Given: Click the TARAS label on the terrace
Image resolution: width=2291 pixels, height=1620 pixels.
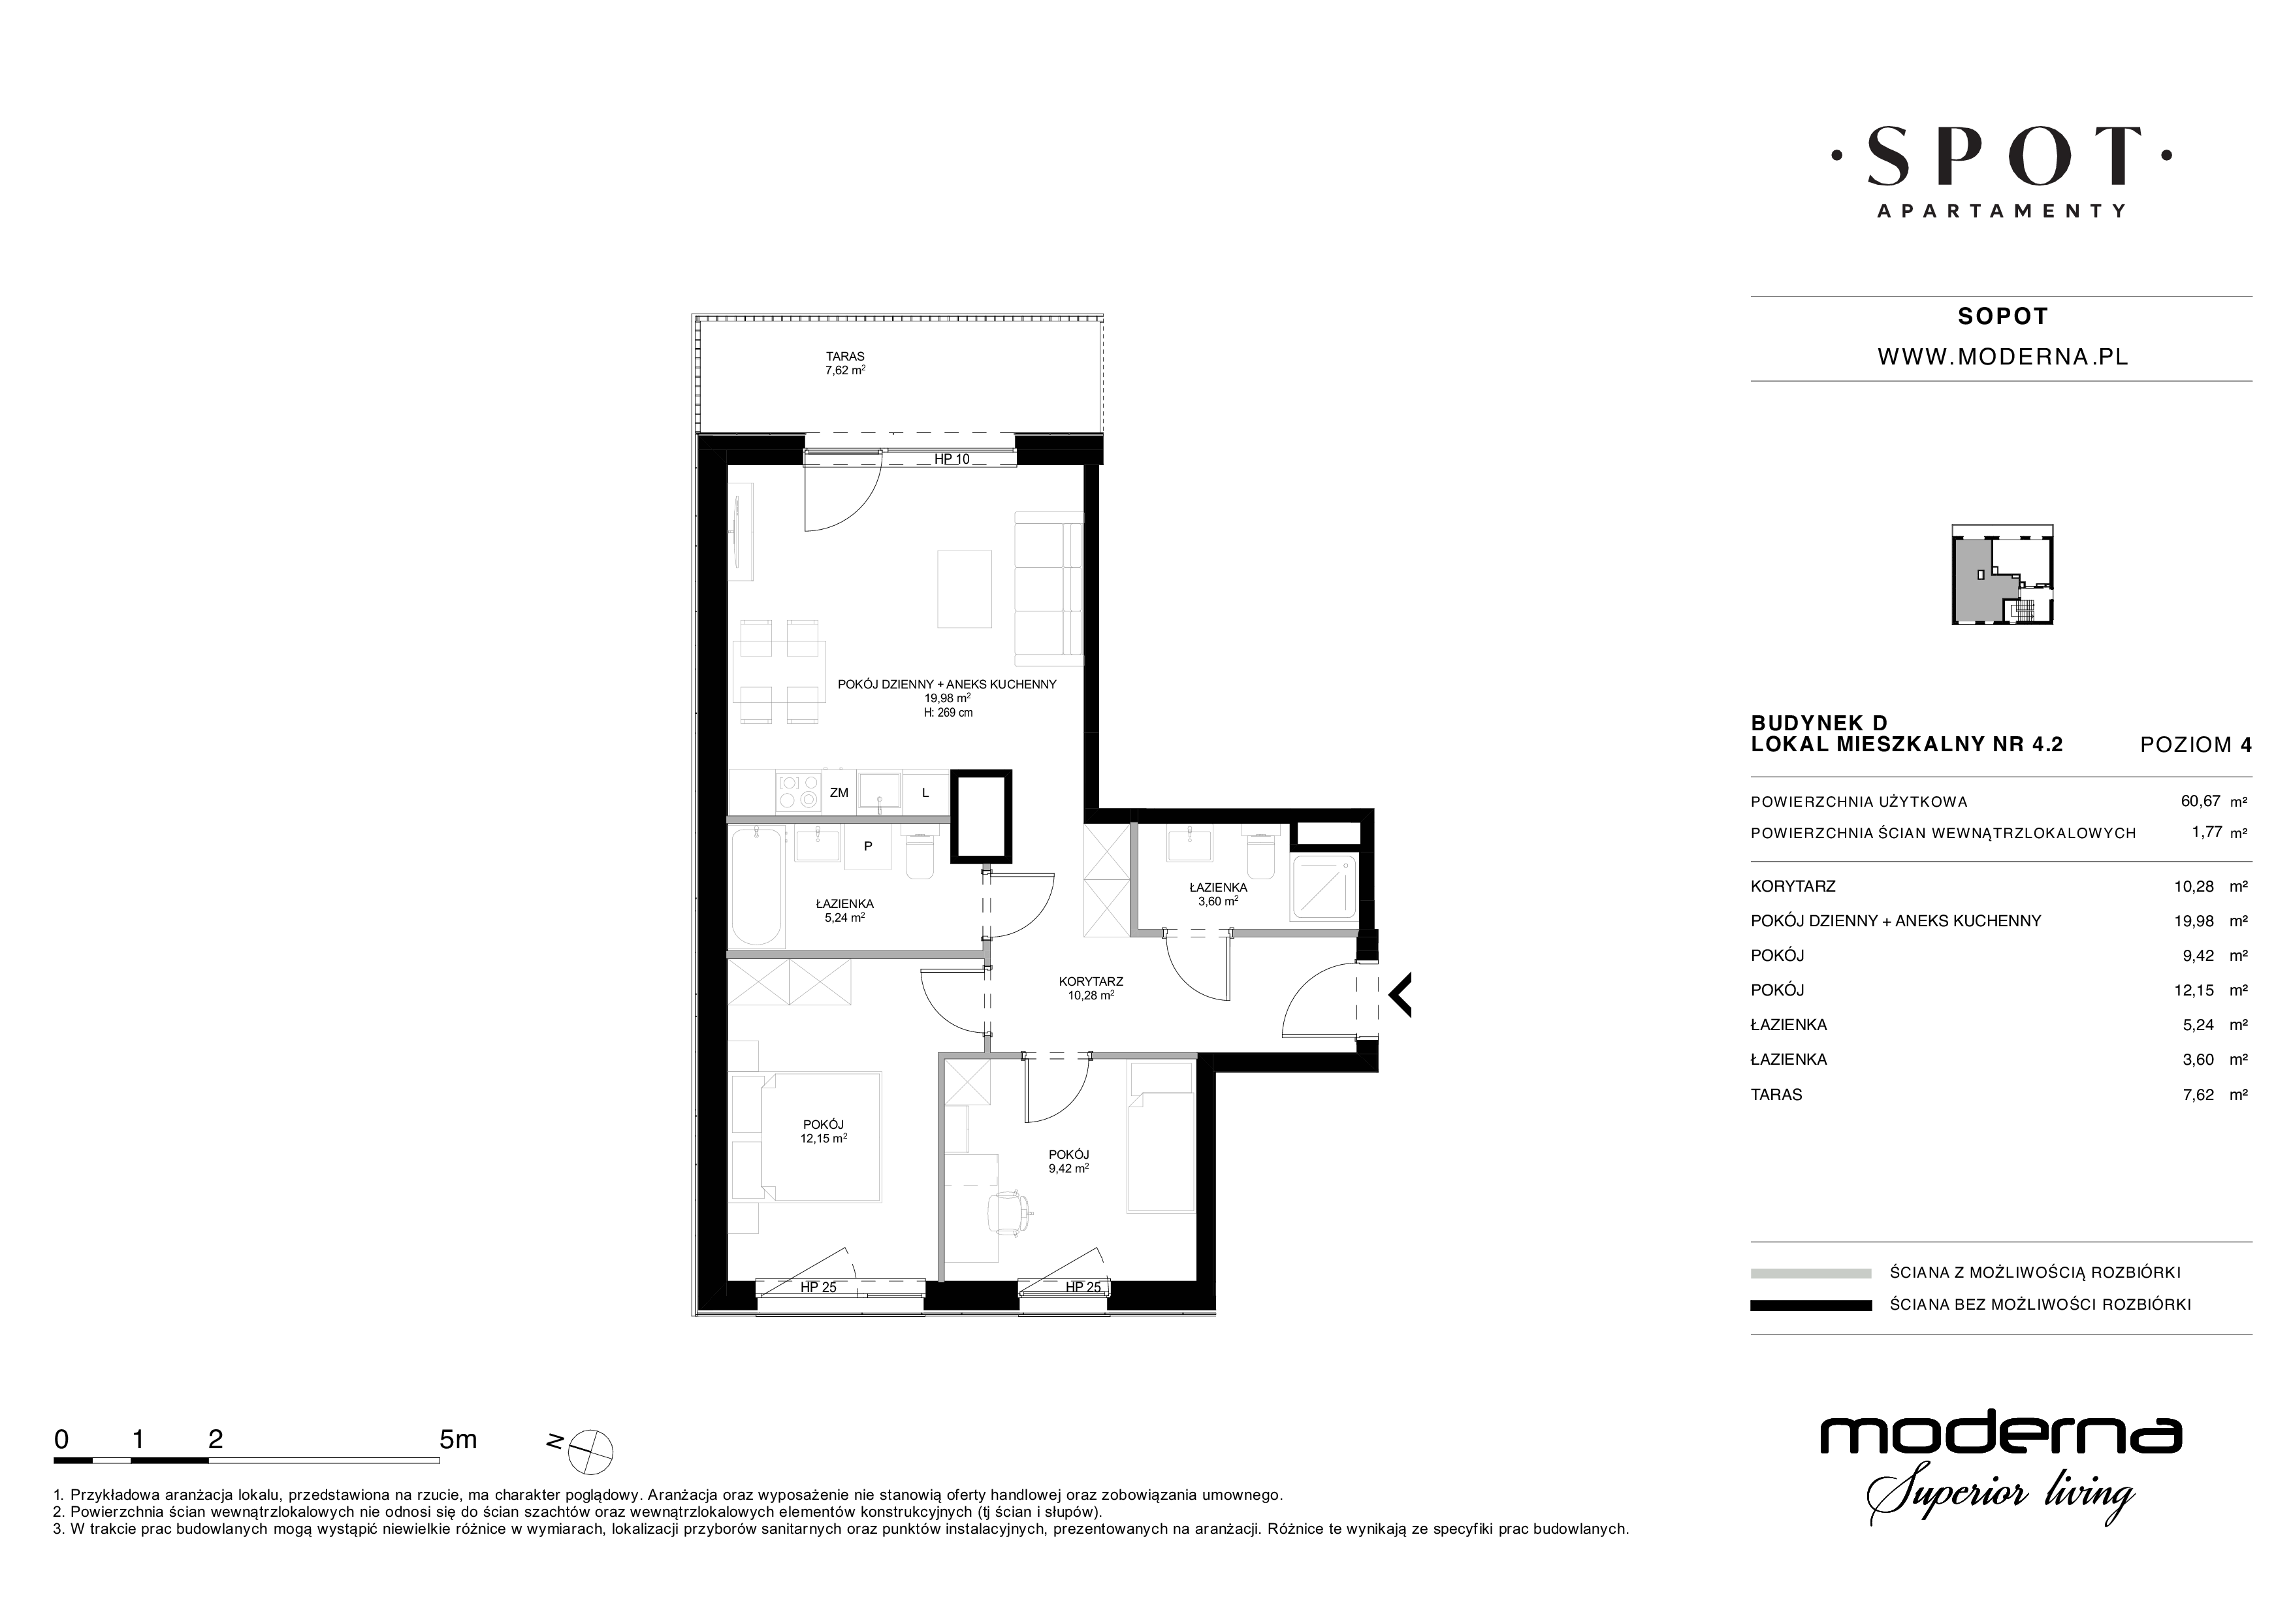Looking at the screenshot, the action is (844, 355).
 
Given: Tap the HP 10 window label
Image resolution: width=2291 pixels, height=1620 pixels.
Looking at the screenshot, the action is (952, 459).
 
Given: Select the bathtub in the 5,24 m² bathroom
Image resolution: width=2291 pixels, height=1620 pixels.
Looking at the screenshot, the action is (758, 884).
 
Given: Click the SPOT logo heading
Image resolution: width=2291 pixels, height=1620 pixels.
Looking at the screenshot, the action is (2002, 157).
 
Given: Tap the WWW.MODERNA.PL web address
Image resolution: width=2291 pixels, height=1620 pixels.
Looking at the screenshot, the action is (2002, 357).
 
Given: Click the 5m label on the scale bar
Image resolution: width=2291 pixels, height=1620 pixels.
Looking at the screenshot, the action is (458, 1439).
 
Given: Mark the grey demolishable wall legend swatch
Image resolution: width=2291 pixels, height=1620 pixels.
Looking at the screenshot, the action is (1811, 1272).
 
